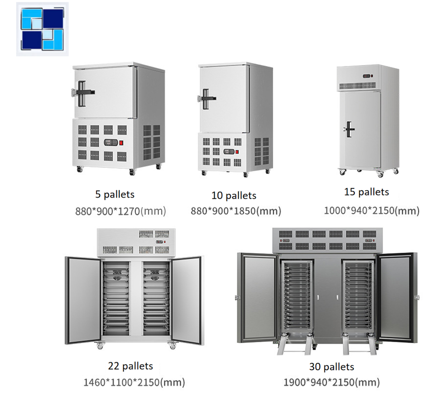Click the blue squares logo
(x=42, y=29)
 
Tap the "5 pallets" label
(x=114, y=194)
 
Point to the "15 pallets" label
(x=366, y=192)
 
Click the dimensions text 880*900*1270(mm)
(x=121, y=211)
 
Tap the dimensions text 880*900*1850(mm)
(x=236, y=211)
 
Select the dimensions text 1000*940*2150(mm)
(x=371, y=210)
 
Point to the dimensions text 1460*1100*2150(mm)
(x=134, y=383)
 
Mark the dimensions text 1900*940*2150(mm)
(x=331, y=383)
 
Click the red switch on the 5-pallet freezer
(x=122, y=143)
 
